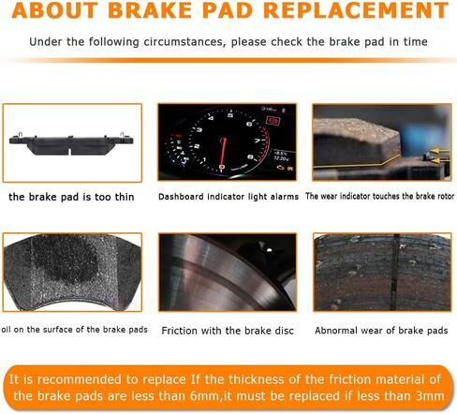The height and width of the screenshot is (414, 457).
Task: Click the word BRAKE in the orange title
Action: point(149,10)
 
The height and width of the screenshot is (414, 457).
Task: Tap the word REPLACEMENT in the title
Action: point(356,10)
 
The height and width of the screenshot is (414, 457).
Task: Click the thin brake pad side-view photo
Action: point(72,143)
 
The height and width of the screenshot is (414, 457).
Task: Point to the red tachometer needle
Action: point(223,153)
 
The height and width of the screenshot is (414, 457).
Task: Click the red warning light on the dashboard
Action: point(273,121)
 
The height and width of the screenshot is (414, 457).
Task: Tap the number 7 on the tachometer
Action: point(258,140)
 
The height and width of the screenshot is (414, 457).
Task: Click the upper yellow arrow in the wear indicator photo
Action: point(439,152)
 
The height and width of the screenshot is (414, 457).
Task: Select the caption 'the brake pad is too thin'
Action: point(71,197)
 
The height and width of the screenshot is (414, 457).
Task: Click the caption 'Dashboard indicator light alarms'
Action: point(228,197)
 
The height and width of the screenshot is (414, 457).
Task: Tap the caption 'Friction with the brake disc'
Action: point(228,331)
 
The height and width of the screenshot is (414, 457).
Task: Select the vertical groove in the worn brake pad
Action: point(396,272)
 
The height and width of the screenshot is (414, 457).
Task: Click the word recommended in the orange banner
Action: point(80,379)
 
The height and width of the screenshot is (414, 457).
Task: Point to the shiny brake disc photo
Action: point(228,272)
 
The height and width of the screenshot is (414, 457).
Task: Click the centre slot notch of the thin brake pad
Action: point(69,152)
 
